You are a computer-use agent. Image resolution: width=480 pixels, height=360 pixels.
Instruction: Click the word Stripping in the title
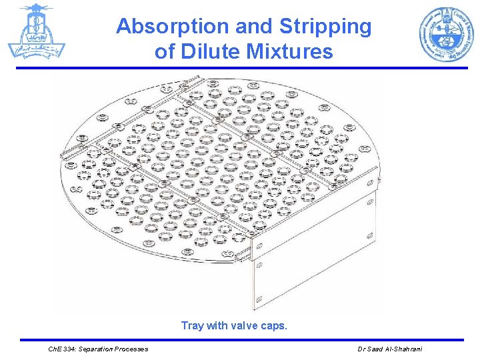(325, 27)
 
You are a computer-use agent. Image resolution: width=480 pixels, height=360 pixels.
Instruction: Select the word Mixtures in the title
(290, 51)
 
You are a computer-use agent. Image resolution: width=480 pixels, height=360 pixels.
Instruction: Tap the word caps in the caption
(275, 326)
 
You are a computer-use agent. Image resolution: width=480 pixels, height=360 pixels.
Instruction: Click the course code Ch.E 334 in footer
(64, 349)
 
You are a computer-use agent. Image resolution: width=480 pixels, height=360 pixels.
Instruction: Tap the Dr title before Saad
(361, 349)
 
